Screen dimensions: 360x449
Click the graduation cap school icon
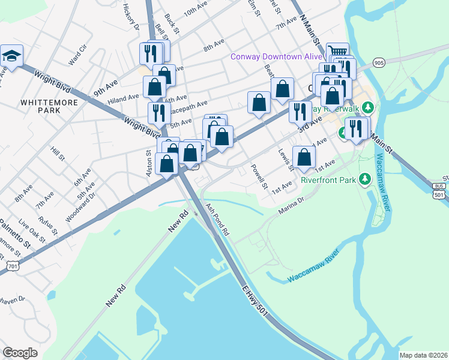(x=11, y=56)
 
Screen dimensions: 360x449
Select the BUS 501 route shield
(x=439, y=190)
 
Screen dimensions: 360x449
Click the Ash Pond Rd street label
(x=217, y=219)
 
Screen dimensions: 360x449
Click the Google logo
(x=20, y=353)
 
